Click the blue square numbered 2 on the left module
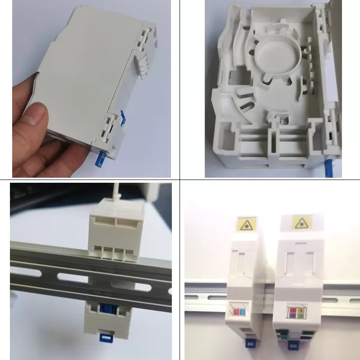(x=242, y=312)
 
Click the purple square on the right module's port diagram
(x=292, y=316)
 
